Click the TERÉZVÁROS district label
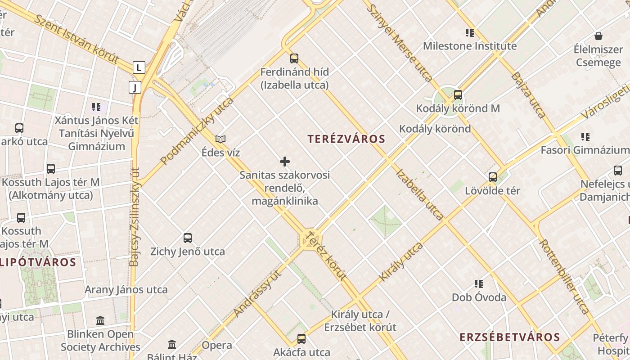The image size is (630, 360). tap(346, 139)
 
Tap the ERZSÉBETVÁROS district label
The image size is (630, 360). tap(510, 337)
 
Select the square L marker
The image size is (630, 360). tap(139, 67)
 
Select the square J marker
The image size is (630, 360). tap(135, 87)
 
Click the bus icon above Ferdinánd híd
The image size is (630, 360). tap(294, 58)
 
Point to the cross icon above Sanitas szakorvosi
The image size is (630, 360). tap(285, 161)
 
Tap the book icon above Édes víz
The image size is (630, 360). tap(220, 139)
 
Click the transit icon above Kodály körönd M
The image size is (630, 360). tap(458, 95)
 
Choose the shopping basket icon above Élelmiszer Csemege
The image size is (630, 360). tap(598, 36)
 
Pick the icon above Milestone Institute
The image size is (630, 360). tap(470, 32)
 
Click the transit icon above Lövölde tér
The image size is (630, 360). tap(493, 177)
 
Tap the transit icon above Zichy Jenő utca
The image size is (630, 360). tap(188, 238)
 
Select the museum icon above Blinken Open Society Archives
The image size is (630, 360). tap(100, 320)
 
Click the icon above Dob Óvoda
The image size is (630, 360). tap(479, 283)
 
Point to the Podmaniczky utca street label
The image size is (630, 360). tap(197, 131)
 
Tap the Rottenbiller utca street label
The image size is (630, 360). tap(564, 276)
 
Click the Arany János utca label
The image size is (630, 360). tap(126, 289)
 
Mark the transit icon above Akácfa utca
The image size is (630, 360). tap(301, 338)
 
